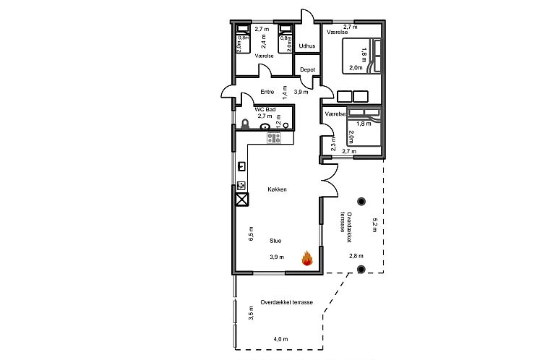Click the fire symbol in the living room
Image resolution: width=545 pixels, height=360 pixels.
point(306,258)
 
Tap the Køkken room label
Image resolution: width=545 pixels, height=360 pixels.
point(277,189)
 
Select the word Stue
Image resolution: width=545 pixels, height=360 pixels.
point(275,241)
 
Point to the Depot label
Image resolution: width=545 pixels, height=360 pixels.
point(307,69)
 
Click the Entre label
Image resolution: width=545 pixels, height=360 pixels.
point(267,92)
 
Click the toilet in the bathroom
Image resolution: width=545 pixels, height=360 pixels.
point(245,124)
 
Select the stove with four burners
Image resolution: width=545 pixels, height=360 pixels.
point(274,137)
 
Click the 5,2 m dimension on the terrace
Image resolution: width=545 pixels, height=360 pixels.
point(375,224)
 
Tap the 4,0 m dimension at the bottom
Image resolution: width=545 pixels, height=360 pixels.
point(280,339)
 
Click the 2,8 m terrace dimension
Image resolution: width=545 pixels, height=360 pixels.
point(356,256)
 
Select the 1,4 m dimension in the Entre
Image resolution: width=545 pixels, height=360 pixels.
point(285,90)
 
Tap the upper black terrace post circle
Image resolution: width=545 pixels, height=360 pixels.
point(361,202)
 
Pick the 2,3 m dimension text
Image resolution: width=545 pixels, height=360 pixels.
point(332,145)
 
